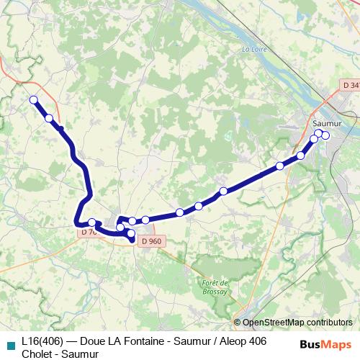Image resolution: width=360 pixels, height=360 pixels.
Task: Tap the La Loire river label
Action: coord(254,50)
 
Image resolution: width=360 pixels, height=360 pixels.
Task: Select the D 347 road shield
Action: coord(350,86)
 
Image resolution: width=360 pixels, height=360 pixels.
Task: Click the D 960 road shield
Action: coord(151,240)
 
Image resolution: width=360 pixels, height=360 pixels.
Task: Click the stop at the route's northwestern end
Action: coord(33,100)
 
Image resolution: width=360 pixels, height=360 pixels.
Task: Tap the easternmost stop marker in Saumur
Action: coord(325,135)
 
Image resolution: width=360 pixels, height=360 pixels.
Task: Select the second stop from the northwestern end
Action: coord(49,118)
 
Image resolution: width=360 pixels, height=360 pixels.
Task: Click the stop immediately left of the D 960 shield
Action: coord(131,235)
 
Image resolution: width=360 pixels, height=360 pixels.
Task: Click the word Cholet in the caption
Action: coord(37,353)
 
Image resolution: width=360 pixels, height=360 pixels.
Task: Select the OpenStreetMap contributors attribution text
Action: coord(297,322)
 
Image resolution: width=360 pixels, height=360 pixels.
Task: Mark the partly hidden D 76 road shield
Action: coord(87,232)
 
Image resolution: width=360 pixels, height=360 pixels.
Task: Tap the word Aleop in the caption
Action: coord(230,341)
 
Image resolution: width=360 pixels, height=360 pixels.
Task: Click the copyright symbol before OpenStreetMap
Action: coord(237,322)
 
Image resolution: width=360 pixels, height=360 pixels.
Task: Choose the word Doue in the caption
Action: coord(94,341)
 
